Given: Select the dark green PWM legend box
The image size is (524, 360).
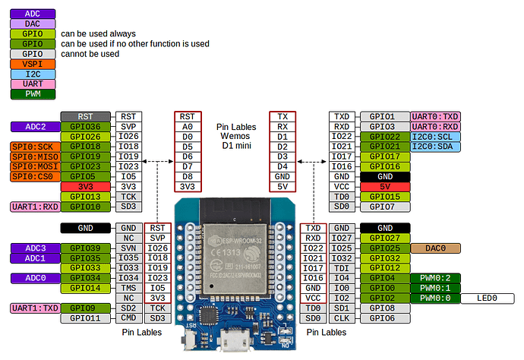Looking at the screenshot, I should pyautogui.click(x=32, y=94).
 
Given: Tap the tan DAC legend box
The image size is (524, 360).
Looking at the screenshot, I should pyautogui.click(x=32, y=24).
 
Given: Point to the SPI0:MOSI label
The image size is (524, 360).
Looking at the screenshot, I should pyautogui.click(x=31, y=166).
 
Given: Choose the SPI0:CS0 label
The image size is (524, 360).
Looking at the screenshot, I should pyautogui.click(x=31, y=176).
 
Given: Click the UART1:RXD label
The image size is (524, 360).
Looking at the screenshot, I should pyautogui.click(x=31, y=206).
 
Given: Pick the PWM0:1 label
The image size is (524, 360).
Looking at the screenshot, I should pyautogui.click(x=435, y=288).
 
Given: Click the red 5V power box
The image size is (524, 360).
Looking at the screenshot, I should pyautogui.click(x=384, y=186).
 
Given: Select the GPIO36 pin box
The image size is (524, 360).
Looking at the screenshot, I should pyautogui.click(x=86, y=126).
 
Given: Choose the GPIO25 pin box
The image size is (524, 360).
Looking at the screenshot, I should pyautogui.click(x=384, y=248).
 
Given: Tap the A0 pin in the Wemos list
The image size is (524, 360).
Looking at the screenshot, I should pyautogui.click(x=188, y=126).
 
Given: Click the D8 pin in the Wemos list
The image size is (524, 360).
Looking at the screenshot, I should pyautogui.click(x=188, y=176).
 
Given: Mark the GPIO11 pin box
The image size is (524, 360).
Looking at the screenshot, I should pyautogui.click(x=86, y=317).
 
